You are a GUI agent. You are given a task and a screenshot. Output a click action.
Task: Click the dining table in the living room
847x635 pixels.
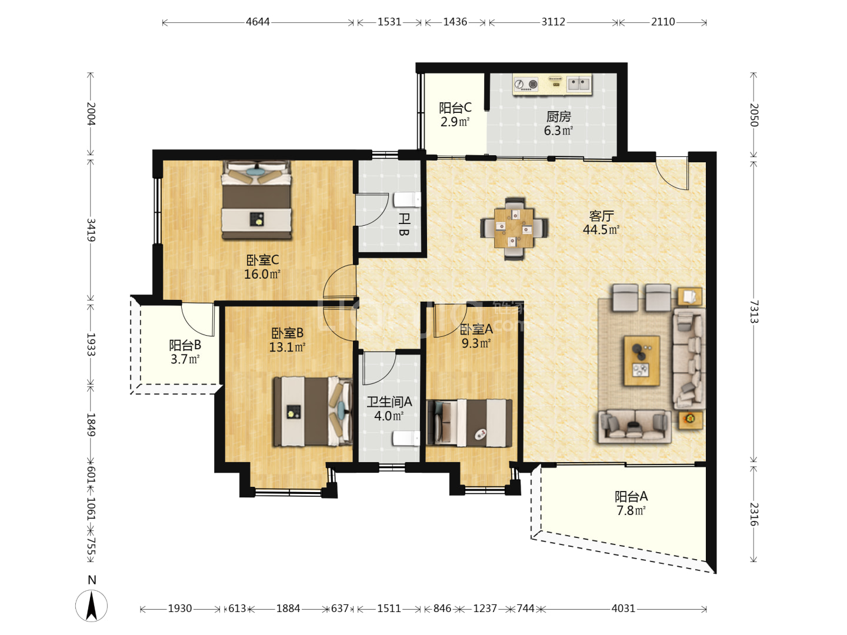pyautogui.click(x=513, y=228)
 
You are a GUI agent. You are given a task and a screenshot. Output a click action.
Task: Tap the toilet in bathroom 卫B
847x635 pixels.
pyautogui.click(x=407, y=200)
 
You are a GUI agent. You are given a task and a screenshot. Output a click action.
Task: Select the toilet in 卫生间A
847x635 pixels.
pyautogui.click(x=406, y=439)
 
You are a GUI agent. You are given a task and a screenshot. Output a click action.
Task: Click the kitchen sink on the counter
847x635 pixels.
pyautogui.click(x=579, y=83)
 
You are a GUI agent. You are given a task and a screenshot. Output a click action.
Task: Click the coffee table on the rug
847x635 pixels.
pyautogui.click(x=642, y=360)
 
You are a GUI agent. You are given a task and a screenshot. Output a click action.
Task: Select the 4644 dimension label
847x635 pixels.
pyautogui.click(x=258, y=22)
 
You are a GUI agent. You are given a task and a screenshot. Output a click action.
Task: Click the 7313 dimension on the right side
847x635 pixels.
pyautogui.click(x=753, y=312)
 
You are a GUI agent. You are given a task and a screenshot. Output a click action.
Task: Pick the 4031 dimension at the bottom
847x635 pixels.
pyautogui.click(x=623, y=609)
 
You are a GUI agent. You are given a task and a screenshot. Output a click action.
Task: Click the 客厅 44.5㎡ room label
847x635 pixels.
pyautogui.click(x=601, y=222)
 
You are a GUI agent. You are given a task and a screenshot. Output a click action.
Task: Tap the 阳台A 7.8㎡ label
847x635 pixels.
pyautogui.click(x=631, y=503)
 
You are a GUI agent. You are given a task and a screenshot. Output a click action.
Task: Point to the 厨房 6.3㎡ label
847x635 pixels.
pyautogui.click(x=558, y=123)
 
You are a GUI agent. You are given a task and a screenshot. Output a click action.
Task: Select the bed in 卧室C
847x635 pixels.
pyautogui.click(x=256, y=200)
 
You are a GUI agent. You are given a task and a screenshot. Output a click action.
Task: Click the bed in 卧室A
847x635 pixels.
pyautogui.click(x=469, y=423)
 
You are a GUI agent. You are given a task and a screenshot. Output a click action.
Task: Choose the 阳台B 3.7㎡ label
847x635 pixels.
pyautogui.click(x=185, y=352)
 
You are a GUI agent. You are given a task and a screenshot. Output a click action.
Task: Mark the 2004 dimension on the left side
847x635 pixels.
pyautogui.click(x=91, y=114)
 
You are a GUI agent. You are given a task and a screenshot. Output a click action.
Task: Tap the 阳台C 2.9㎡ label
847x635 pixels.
pyautogui.click(x=455, y=115)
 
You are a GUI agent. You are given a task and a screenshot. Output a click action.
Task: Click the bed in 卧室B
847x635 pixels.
pyautogui.click(x=313, y=412)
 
